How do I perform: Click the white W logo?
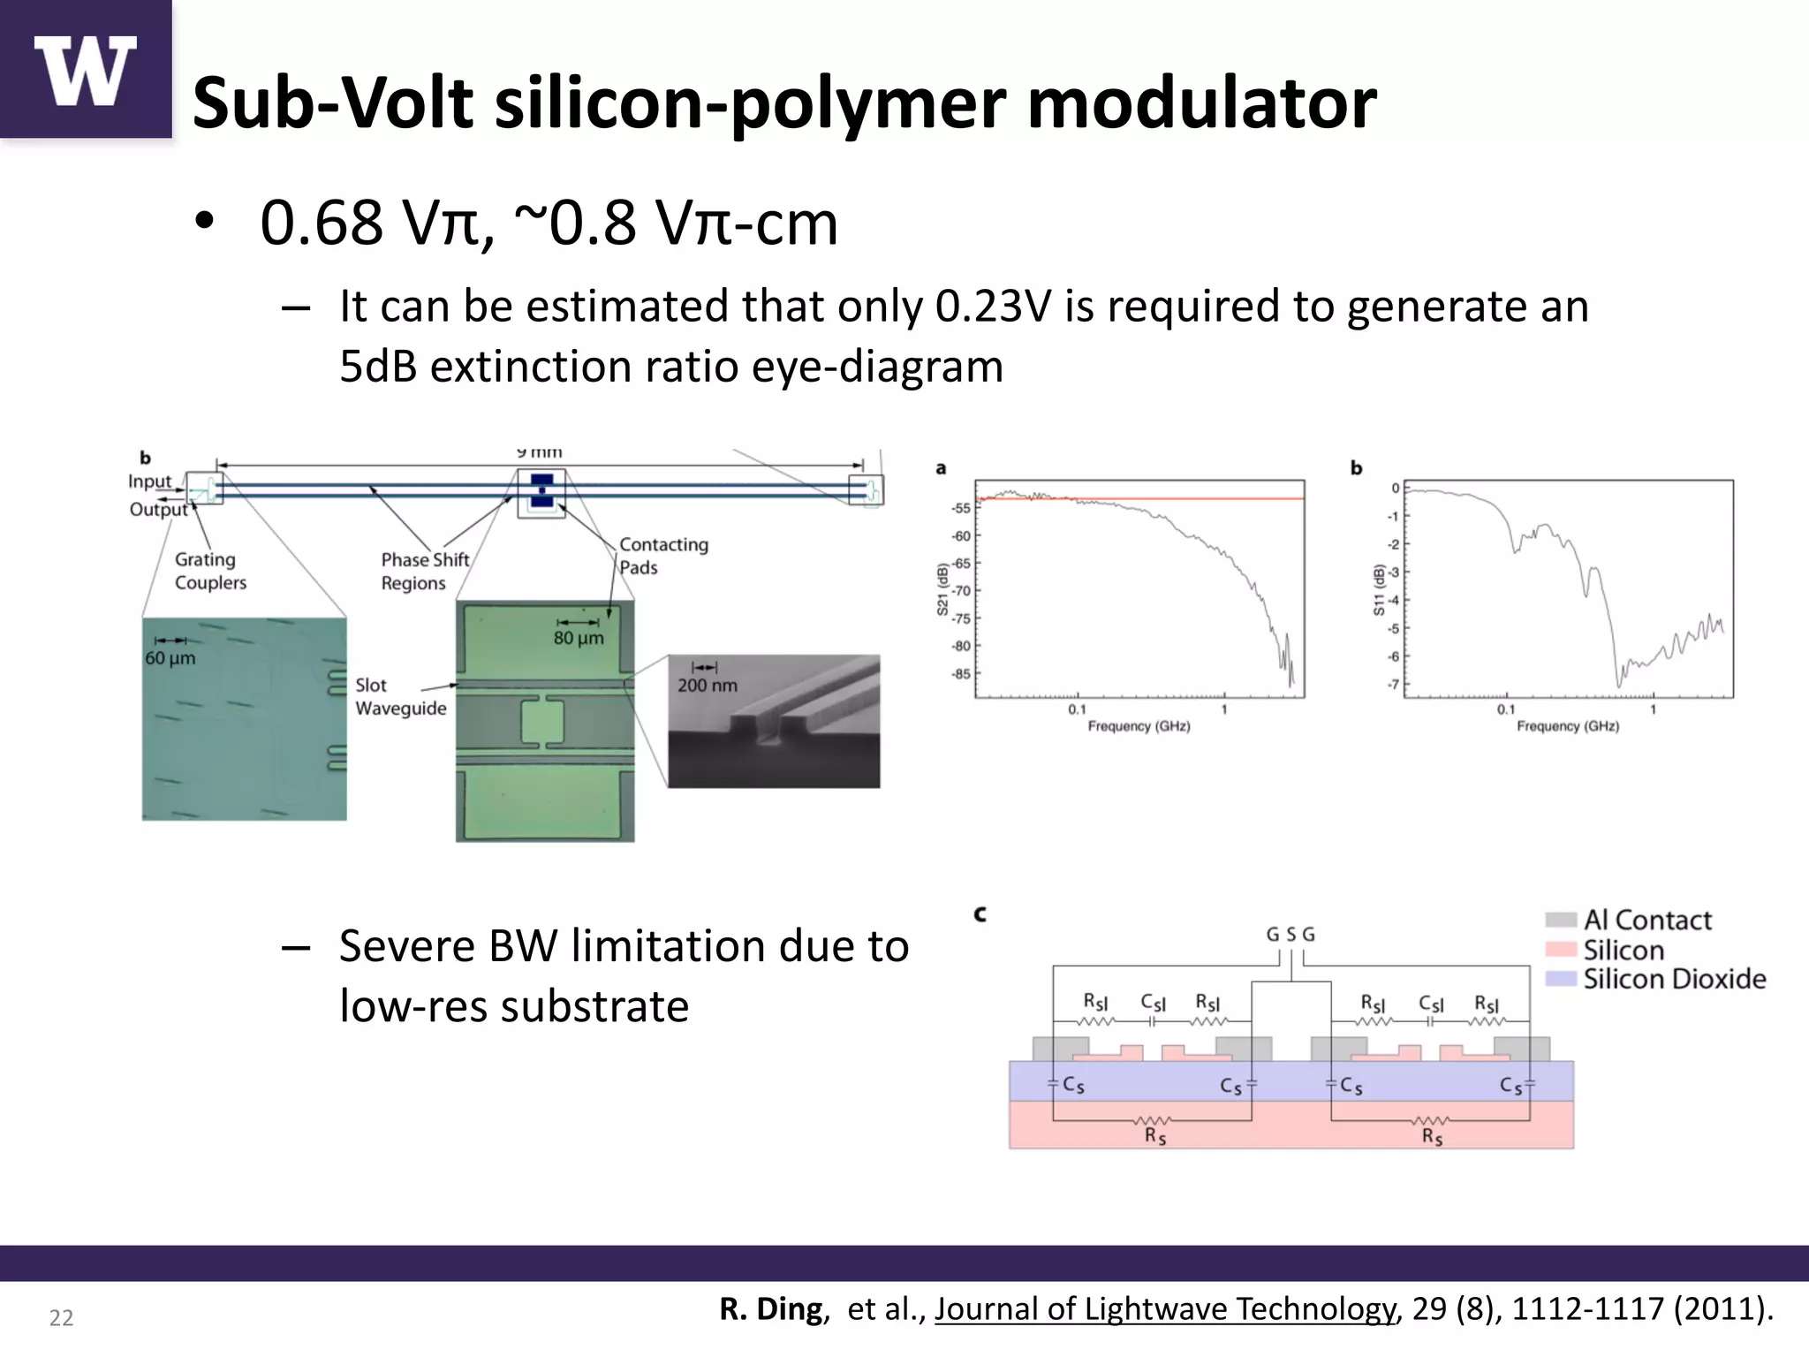click(x=85, y=71)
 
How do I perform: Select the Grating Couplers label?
click(x=210, y=571)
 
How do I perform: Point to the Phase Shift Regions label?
click(x=425, y=571)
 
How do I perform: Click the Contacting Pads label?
click(x=663, y=556)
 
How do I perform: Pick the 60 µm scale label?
click(x=170, y=658)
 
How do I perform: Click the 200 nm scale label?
click(x=707, y=685)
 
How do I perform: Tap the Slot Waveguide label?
click(x=400, y=696)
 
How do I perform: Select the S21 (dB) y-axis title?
click(x=942, y=589)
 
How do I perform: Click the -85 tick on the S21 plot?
click(x=960, y=674)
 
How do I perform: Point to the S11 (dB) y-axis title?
click(x=1378, y=589)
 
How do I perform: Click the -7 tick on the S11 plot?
click(x=1393, y=685)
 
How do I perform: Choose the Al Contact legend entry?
click(x=1646, y=920)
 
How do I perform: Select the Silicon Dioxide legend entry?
click(x=1674, y=979)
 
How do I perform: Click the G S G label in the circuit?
click(x=1291, y=934)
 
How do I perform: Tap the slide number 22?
click(x=61, y=1318)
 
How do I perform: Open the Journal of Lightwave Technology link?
click(x=1165, y=1309)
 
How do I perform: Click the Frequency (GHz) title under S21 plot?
click(x=1139, y=726)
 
